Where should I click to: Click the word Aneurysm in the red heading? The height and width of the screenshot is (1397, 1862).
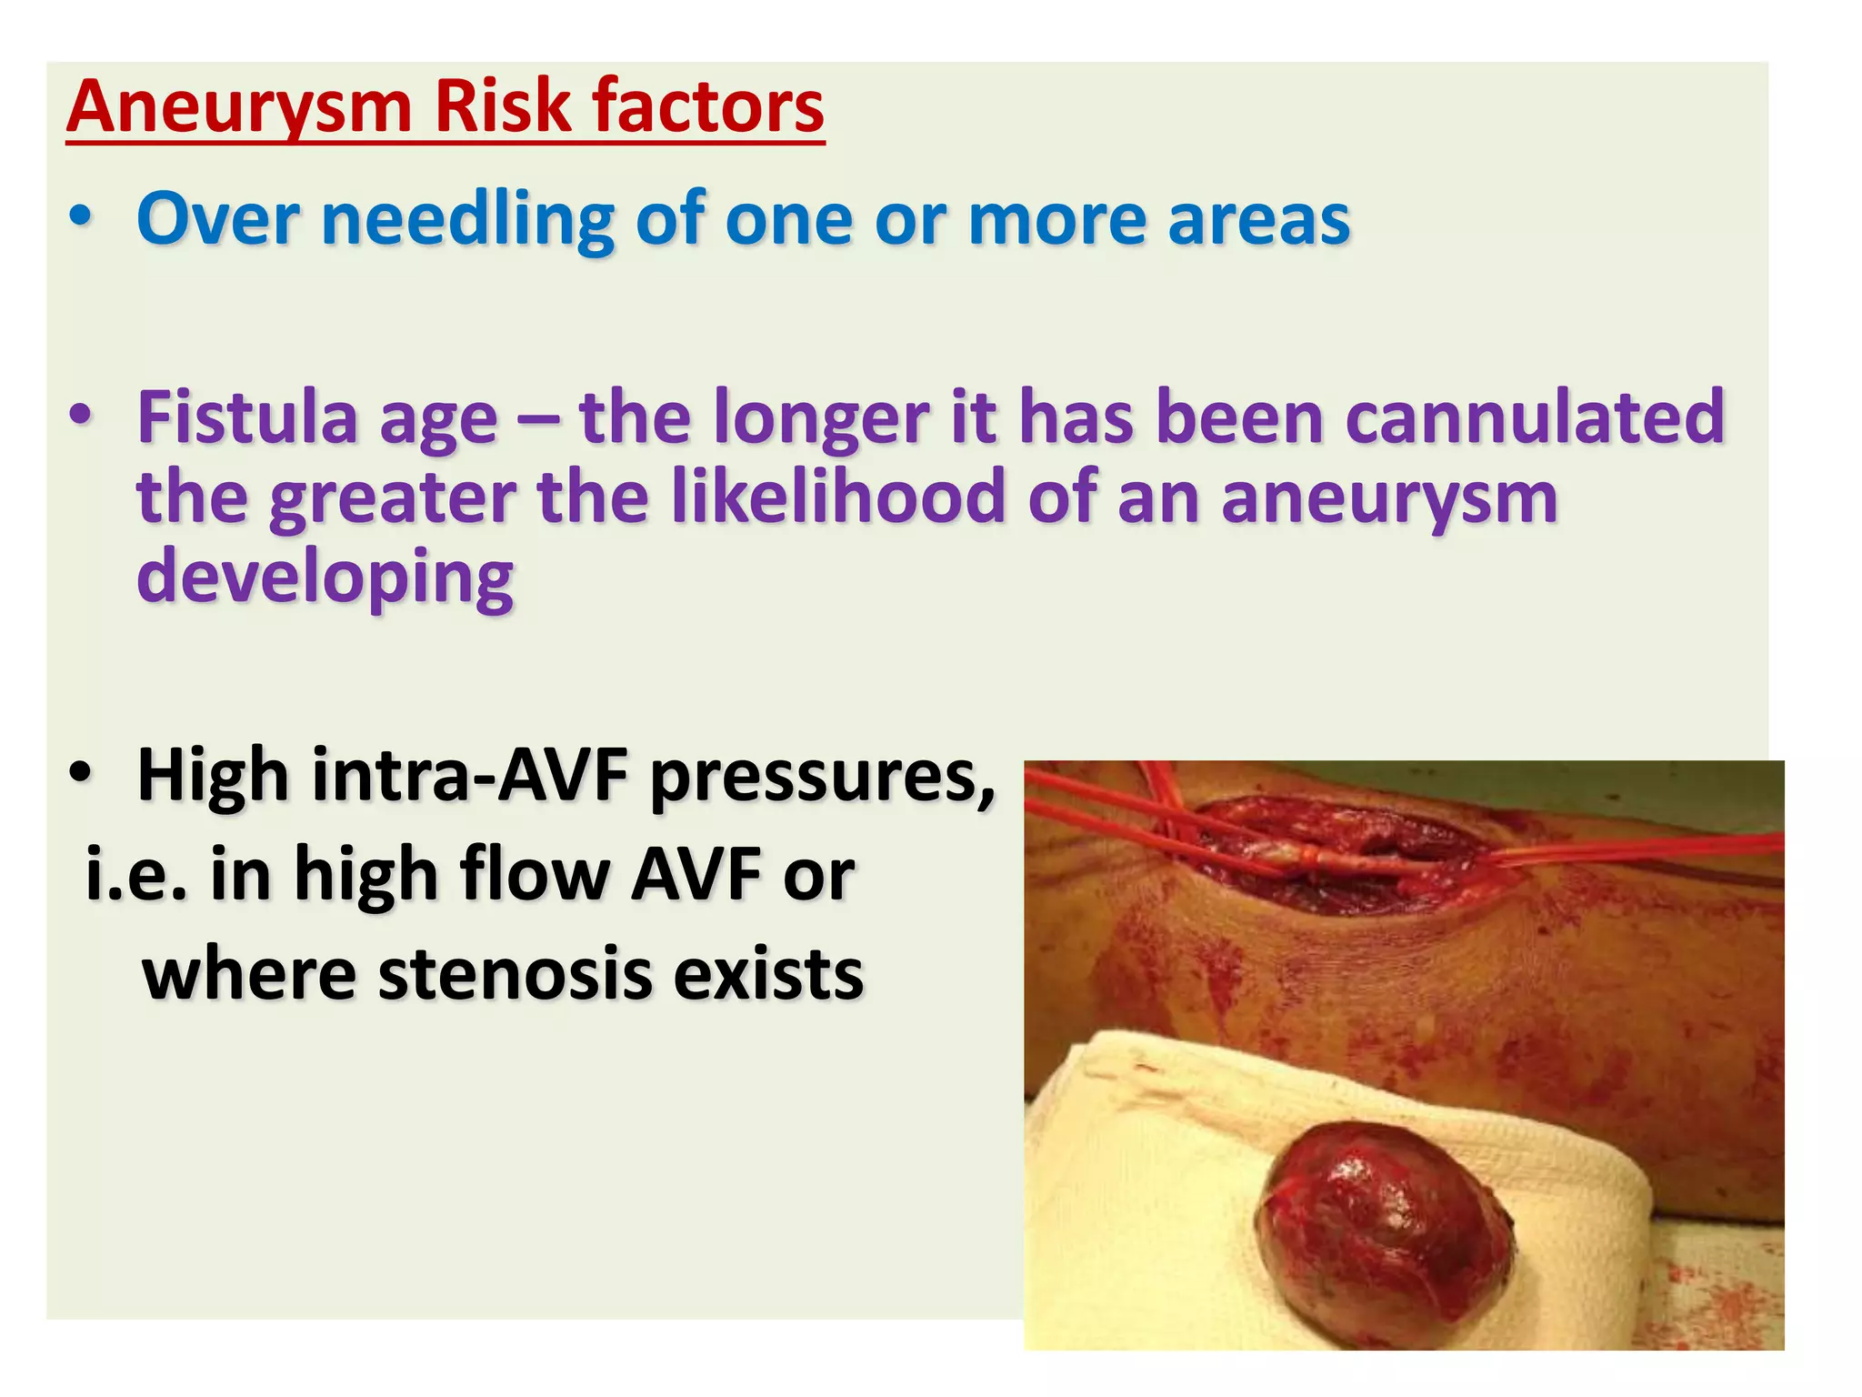(239, 107)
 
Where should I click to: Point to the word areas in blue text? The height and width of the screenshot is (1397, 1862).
(1259, 219)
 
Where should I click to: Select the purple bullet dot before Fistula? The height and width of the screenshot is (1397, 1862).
(80, 416)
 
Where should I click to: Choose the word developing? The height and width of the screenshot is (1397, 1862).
(325, 577)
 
